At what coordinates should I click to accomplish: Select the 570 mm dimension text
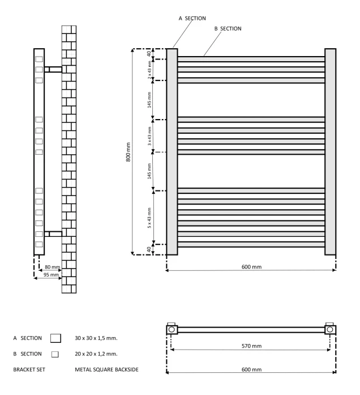click(250, 344)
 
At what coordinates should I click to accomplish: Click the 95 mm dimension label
click(48, 275)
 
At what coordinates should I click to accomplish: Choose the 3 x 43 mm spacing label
click(149, 136)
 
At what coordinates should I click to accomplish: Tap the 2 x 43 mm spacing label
click(149, 70)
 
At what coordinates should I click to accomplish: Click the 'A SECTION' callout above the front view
click(192, 18)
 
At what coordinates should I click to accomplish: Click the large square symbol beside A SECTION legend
click(55, 338)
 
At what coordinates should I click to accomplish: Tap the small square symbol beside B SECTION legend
click(55, 354)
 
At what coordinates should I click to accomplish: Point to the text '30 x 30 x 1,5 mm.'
click(100, 338)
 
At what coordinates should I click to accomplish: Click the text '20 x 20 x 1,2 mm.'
click(100, 354)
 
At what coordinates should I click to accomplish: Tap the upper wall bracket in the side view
click(53, 69)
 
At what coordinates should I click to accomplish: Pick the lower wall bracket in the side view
click(53, 233)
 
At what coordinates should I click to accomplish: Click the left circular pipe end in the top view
click(172, 329)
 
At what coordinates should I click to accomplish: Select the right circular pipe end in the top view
click(329, 329)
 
